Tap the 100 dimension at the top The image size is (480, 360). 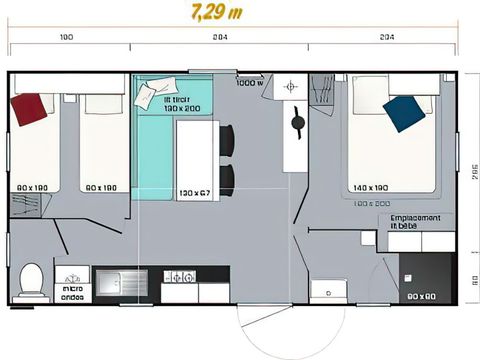tap(67, 37)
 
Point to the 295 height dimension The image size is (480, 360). tap(469, 169)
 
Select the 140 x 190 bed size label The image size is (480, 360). tap(370, 188)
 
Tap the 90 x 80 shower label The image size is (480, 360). tap(421, 296)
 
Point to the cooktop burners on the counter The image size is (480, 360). tap(180, 277)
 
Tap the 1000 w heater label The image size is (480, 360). tap(250, 83)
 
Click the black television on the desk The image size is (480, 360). tap(297, 124)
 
